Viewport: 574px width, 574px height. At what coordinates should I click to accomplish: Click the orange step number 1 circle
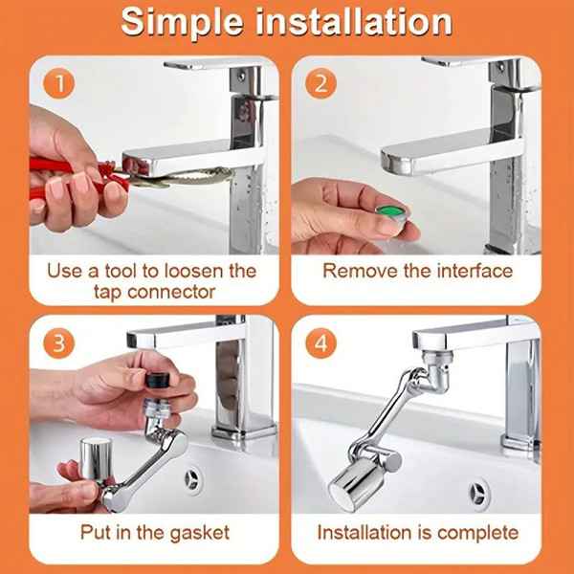pos(59,83)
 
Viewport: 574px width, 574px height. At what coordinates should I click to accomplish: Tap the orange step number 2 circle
pos(321,83)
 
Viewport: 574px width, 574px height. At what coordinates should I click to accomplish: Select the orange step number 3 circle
pos(59,343)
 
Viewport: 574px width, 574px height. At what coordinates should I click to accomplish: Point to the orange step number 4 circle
pos(321,343)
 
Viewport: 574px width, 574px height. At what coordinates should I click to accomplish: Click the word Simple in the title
pos(183,23)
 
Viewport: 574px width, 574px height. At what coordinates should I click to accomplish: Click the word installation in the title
pos(354,22)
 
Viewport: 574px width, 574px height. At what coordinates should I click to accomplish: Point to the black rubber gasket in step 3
pos(158,380)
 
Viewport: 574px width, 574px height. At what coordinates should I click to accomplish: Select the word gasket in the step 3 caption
pos(200,533)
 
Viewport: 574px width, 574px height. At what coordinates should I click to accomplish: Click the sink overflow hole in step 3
pos(192,479)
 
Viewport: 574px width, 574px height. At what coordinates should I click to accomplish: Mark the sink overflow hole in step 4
pos(478,494)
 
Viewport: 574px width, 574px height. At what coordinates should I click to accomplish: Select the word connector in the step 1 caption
pos(171,292)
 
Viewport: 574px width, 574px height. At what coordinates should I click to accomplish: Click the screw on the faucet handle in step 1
pos(241,76)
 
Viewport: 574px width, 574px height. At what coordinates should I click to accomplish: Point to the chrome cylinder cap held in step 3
pos(95,458)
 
